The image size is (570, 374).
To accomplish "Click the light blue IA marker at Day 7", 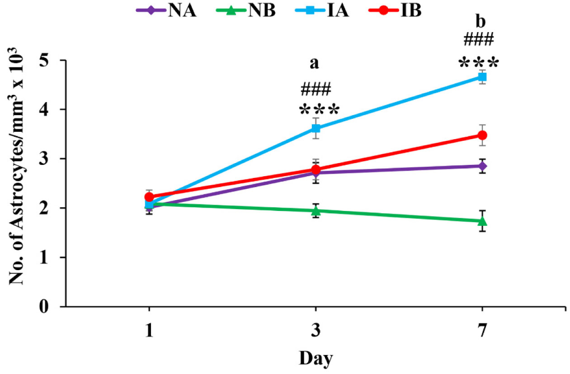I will point(482,77).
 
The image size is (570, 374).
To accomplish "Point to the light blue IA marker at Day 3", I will point(316,128).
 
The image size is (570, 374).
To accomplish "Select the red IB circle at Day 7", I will point(482,135).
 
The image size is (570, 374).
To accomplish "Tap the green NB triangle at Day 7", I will point(482,221).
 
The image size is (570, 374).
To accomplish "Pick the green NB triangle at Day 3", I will point(316,210).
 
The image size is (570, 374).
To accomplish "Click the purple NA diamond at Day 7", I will point(482,166).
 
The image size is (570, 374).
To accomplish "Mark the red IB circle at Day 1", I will point(149,197).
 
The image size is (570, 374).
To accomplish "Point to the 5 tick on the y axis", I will point(51,60).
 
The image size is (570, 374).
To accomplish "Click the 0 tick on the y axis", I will point(51,307).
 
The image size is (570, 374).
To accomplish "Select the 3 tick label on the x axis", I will point(316,332).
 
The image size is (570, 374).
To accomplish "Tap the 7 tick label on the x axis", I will point(482,332).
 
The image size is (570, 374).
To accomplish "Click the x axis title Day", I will point(316,359).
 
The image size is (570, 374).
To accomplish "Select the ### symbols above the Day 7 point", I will point(479,40).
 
